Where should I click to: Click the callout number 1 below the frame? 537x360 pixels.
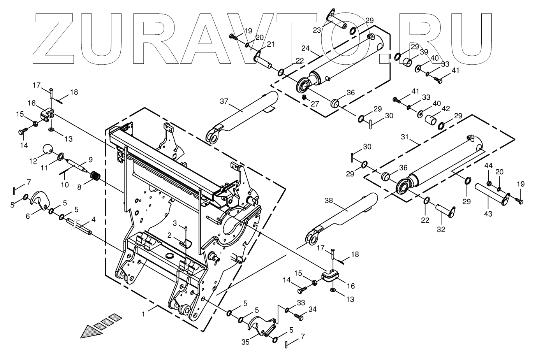(x=144, y=314)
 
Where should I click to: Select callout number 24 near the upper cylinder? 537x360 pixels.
(x=306, y=48)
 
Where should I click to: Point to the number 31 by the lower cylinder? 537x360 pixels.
(x=405, y=137)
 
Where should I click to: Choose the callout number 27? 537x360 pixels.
(x=314, y=104)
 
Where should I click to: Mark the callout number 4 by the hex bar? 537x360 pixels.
(x=93, y=220)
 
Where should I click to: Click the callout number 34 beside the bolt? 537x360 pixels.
(x=313, y=309)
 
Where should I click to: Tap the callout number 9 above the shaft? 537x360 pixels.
(x=90, y=159)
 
